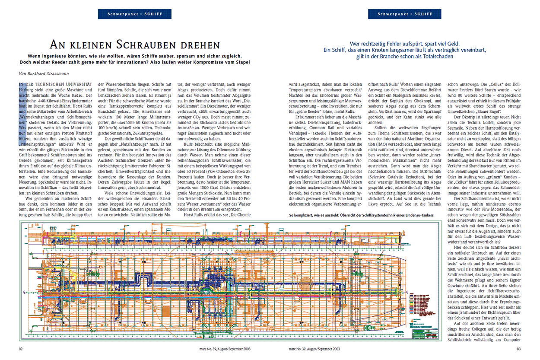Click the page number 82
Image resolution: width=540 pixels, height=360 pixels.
(x=21, y=349)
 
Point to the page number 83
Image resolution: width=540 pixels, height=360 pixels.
(x=520, y=349)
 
